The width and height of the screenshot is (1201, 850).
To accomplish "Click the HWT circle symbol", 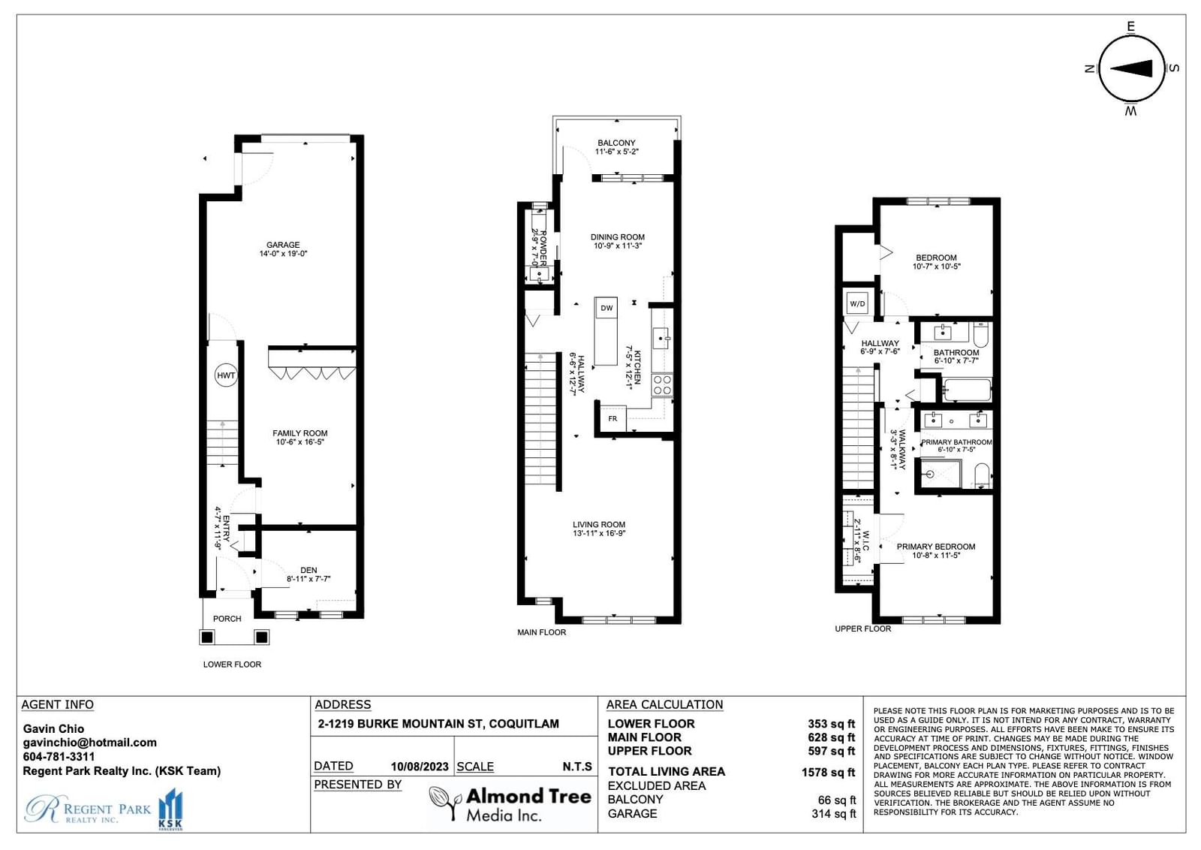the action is pyautogui.click(x=226, y=375).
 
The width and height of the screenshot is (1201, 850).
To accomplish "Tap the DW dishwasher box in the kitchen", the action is pyautogui.click(x=607, y=308).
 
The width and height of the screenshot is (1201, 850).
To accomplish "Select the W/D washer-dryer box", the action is pyautogui.click(x=857, y=303).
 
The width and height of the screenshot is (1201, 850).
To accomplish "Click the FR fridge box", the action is pyautogui.click(x=613, y=418).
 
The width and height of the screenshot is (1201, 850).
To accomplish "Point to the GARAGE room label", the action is pyautogui.click(x=283, y=245).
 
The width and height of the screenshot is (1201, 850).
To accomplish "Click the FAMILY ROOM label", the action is pyautogui.click(x=299, y=433).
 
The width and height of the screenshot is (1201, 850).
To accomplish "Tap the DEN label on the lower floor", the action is pyautogui.click(x=309, y=570).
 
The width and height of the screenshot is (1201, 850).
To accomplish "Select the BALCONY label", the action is pyautogui.click(x=616, y=143).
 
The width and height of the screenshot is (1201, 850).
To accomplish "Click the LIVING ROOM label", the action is pyautogui.click(x=599, y=524).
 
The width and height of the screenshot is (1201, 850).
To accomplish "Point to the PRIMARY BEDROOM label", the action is pyautogui.click(x=936, y=547).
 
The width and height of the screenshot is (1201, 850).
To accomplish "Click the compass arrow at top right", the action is pyautogui.click(x=1130, y=68).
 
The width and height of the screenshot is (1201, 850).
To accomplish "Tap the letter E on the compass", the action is pyautogui.click(x=1130, y=26).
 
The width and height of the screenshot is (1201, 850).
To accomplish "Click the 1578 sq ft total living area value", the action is pyautogui.click(x=829, y=772).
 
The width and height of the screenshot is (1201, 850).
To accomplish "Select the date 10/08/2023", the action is pyautogui.click(x=420, y=767).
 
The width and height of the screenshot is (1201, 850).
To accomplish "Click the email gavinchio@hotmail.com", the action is pyautogui.click(x=89, y=743).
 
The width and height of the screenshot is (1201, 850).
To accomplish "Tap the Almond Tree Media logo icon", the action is pyautogui.click(x=445, y=803).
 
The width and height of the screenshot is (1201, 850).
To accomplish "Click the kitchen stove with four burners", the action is pyautogui.click(x=662, y=385).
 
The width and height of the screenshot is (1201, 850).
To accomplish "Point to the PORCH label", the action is pyautogui.click(x=227, y=618).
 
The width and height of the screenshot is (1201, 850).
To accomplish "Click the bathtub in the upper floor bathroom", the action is pyautogui.click(x=967, y=390).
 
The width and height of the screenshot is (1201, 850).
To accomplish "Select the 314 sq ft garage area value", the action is pyautogui.click(x=834, y=813).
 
